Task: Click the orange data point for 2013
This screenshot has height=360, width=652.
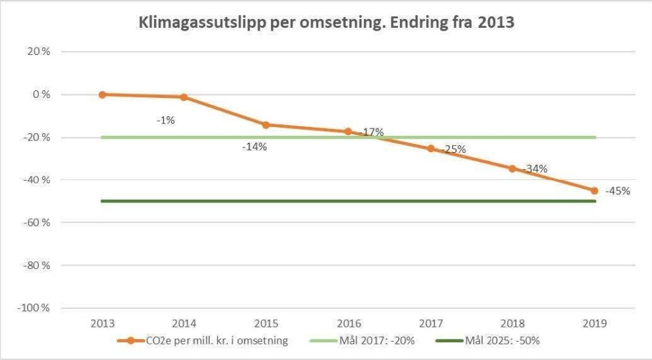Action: coord(102,94)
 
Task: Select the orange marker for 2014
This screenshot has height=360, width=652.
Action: coord(184,97)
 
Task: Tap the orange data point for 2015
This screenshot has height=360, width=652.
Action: coord(266,124)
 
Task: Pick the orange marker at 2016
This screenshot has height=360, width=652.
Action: coord(348,131)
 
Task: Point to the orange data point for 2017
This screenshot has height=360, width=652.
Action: coord(431,148)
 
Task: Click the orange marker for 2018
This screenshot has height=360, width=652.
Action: coord(513,168)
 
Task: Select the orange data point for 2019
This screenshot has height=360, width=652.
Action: coord(595,190)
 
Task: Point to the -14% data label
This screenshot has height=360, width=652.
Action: coord(255,146)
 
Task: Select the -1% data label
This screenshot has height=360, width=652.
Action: coord(166,120)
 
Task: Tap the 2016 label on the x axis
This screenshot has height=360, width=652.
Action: coord(348,324)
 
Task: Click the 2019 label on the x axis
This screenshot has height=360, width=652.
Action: coord(595,324)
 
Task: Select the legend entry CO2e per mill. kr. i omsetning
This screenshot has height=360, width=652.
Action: coord(221,340)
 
